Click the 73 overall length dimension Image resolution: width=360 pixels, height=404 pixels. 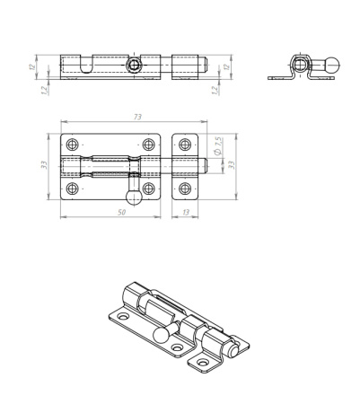(137, 117)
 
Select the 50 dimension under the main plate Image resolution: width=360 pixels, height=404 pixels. (121, 212)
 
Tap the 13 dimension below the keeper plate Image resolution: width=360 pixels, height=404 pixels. (186, 212)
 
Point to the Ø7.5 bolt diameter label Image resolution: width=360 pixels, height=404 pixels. (218, 145)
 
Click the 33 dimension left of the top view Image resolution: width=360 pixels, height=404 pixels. (44, 164)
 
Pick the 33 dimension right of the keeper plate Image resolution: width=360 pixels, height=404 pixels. (232, 164)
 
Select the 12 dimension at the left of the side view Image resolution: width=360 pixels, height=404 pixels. (32, 66)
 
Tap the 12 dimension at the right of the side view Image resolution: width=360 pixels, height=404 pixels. (227, 67)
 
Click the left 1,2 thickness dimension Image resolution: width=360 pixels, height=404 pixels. (45, 90)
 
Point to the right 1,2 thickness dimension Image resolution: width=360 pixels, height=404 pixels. (215, 90)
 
